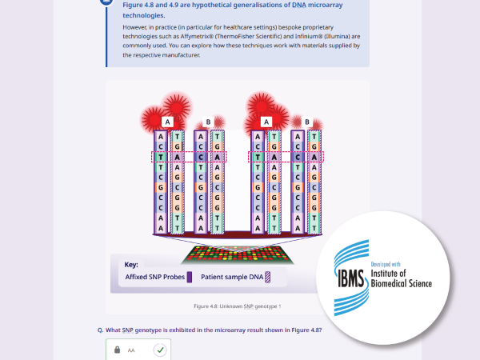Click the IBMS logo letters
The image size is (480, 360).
351,278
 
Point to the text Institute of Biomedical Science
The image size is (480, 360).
402,278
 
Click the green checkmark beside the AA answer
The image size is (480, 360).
160,350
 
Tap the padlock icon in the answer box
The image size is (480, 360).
117,350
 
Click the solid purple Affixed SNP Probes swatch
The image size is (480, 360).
190,277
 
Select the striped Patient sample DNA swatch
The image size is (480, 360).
267,277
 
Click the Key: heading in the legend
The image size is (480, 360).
131,265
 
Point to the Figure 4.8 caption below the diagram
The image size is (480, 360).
238,306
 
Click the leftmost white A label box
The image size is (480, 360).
167,122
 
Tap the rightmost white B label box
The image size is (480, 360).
307,122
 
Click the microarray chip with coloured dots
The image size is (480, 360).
238,255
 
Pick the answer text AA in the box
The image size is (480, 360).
131,350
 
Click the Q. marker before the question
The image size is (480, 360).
101,330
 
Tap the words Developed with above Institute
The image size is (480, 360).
386,264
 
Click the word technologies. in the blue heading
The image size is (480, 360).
143,15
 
